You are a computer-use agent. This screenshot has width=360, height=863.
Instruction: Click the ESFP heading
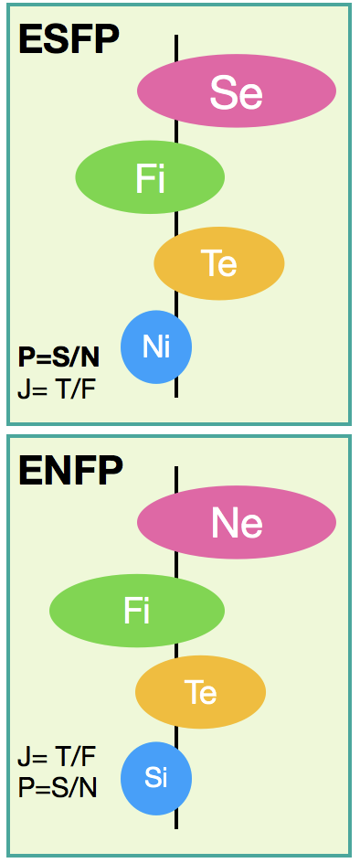(69, 39)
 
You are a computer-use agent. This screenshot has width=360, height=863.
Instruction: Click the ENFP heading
(70, 471)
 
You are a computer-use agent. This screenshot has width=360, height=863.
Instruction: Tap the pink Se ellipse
(237, 91)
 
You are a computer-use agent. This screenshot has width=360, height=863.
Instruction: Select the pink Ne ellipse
(237, 522)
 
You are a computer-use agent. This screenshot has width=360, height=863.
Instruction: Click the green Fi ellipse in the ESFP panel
(150, 177)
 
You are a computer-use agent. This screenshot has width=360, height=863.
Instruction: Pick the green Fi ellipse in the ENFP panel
(137, 611)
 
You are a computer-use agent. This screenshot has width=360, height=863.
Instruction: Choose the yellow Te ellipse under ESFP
(219, 263)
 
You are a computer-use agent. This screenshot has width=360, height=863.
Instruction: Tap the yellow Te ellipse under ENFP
(201, 692)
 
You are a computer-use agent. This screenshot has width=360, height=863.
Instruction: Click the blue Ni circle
(156, 346)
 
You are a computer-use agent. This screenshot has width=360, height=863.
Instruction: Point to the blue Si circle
(156, 778)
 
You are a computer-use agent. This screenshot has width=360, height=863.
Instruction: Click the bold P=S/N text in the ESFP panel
(58, 358)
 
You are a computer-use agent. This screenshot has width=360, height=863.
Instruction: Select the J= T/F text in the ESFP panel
(57, 392)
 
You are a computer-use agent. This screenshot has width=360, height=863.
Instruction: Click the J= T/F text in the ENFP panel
(57, 757)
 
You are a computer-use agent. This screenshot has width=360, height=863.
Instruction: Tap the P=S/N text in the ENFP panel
(58, 788)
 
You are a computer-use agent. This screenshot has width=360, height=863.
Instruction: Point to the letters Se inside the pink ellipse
(236, 92)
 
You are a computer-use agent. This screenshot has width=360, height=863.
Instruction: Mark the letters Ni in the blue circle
(156, 347)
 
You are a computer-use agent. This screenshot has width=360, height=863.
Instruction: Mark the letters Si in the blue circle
(155, 778)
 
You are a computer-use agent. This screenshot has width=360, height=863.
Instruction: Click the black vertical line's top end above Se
(176, 36)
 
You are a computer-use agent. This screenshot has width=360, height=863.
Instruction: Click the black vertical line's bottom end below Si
(176, 827)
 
